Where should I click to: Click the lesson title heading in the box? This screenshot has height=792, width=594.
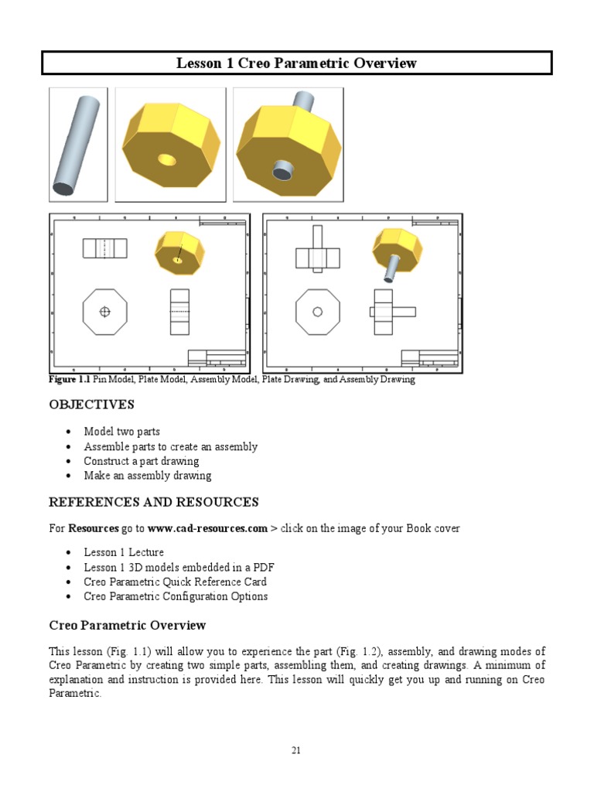pyautogui.click(x=297, y=63)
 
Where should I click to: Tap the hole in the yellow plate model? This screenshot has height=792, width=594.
pyautogui.click(x=166, y=160)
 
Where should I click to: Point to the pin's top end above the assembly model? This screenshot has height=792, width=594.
pyautogui.click(x=302, y=99)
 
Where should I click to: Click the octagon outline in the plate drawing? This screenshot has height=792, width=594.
pyautogui.click(x=104, y=312)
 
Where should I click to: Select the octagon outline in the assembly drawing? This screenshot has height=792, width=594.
pyautogui.click(x=317, y=312)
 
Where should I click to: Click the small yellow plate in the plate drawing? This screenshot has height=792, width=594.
pyautogui.click(x=179, y=253)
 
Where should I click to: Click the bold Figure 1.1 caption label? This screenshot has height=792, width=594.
pyautogui.click(x=70, y=380)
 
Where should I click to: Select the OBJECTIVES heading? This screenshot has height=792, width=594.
pyautogui.click(x=91, y=405)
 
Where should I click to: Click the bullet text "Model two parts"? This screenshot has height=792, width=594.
pyautogui.click(x=122, y=432)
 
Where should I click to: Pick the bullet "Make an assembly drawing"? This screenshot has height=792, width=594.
pyautogui.click(x=148, y=476)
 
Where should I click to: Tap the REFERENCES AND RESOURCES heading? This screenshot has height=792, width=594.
pyautogui.click(x=154, y=502)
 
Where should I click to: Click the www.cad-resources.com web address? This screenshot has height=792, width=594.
pyautogui.click(x=207, y=529)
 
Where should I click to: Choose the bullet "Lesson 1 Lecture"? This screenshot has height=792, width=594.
pyautogui.click(x=124, y=552)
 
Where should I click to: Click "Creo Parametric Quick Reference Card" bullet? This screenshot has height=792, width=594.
pyautogui.click(x=176, y=582)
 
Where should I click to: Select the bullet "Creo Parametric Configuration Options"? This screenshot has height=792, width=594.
pyautogui.click(x=176, y=596)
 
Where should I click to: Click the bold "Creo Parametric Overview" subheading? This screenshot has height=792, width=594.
pyautogui.click(x=128, y=625)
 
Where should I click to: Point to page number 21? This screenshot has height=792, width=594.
pyautogui.click(x=296, y=750)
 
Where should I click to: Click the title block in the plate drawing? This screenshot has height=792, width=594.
pyautogui.click(x=217, y=358)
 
